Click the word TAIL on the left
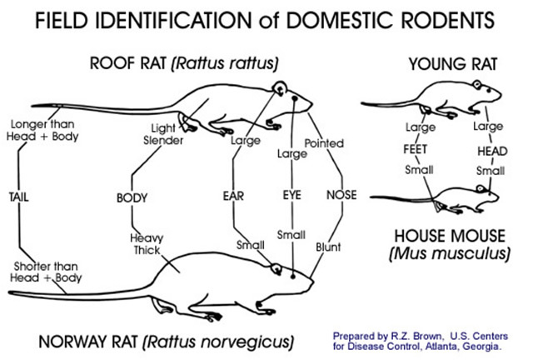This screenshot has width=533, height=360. pos(19,197)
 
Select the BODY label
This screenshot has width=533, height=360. pos(132,197)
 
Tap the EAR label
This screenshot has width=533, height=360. pos(232,197)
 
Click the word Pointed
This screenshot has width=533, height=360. pos(324,143)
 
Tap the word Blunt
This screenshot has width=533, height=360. pos(328,247)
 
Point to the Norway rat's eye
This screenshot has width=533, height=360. pos(294,272)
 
